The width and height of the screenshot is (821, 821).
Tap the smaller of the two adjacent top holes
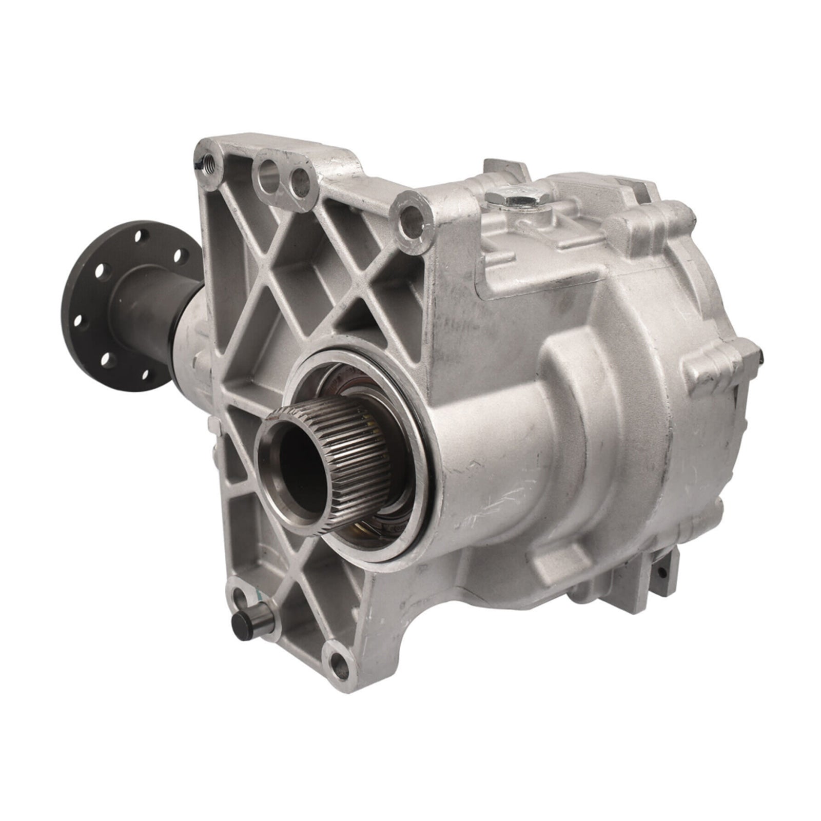coord(299,177)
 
